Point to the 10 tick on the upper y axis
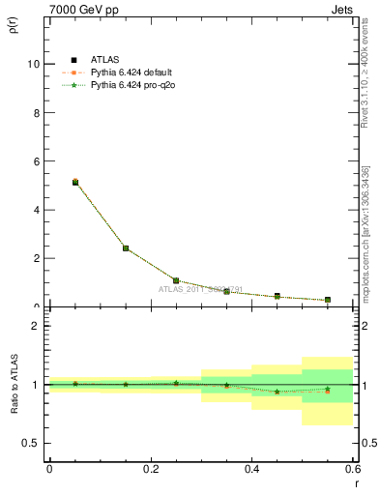pyautogui.click(x=34, y=64)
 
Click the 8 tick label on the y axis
pyautogui.click(x=37, y=112)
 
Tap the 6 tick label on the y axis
pyautogui.click(x=37, y=161)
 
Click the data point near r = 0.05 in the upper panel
pyautogui.click(x=74, y=182)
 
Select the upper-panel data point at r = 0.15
pyautogui.click(x=126, y=248)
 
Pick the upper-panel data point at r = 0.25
pyautogui.click(x=176, y=280)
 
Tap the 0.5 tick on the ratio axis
pyautogui.click(x=32, y=443)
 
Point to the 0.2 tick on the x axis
pyautogui.click(x=150, y=468)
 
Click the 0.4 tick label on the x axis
pyautogui.click(x=251, y=468)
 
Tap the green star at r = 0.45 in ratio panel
pyautogui.click(x=277, y=392)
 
